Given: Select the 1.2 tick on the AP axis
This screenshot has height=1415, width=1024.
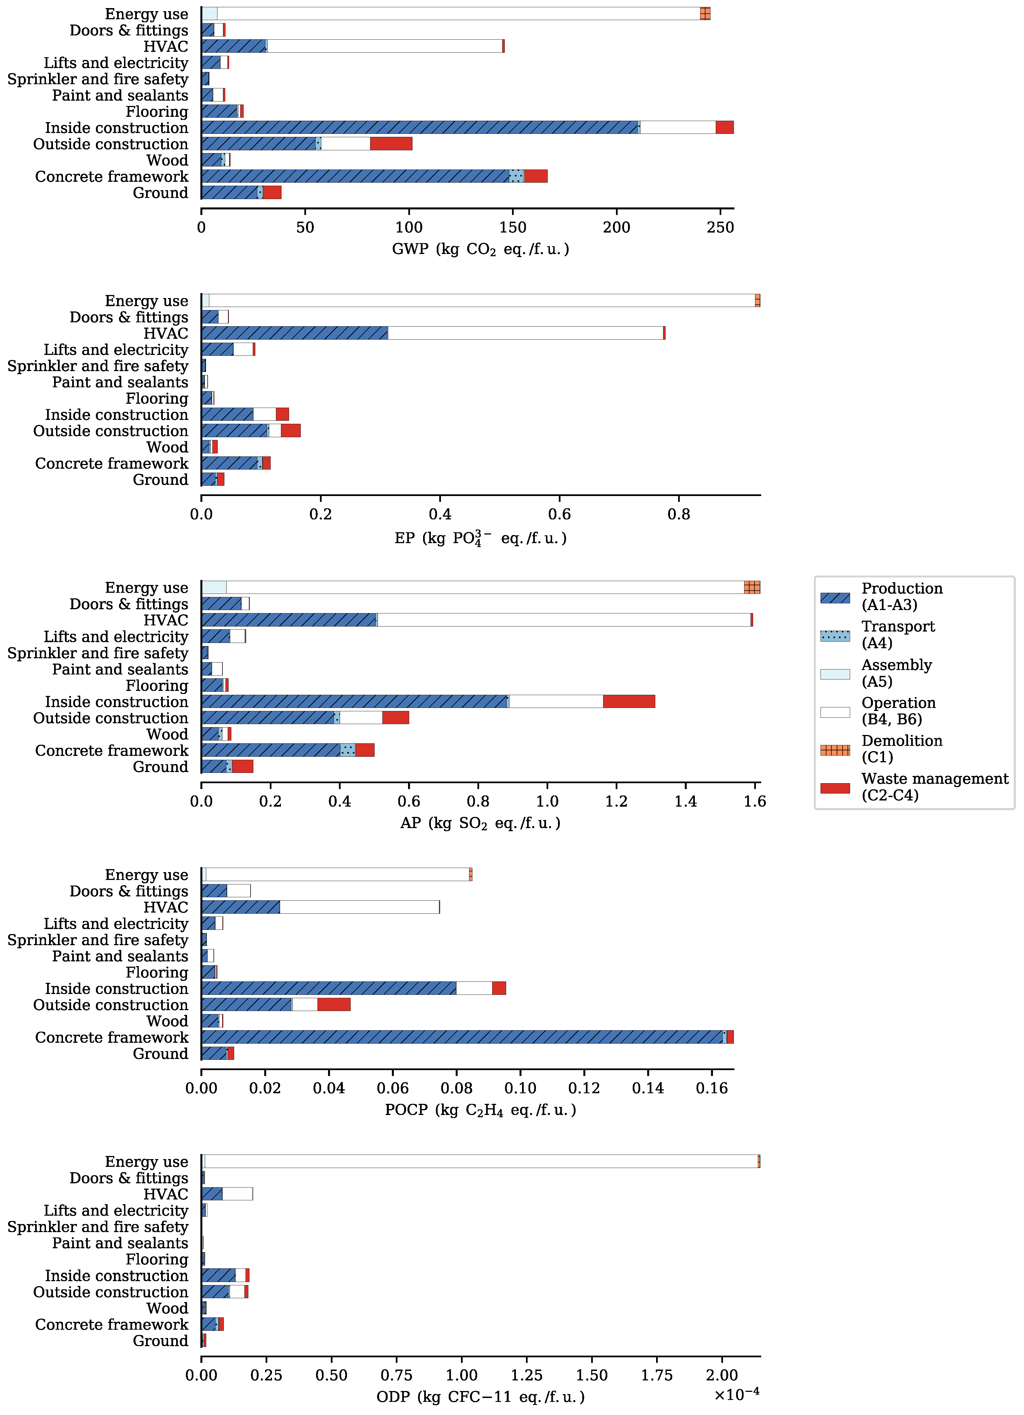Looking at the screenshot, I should [x=616, y=802].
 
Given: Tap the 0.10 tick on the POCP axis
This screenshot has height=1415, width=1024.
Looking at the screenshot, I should [x=520, y=1089].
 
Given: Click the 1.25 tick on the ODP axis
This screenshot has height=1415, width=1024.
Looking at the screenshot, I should [x=527, y=1376].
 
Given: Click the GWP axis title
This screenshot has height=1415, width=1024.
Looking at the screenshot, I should [x=480, y=250].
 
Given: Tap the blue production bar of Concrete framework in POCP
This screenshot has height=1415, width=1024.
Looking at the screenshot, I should [x=462, y=1037].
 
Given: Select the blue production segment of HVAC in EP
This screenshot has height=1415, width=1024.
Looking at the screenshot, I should [x=294, y=333].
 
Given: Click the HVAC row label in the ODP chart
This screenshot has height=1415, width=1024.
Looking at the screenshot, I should [x=166, y=1195].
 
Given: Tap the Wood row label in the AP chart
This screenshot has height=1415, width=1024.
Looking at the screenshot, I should [x=167, y=734].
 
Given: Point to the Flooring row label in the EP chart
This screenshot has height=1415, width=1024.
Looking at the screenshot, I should [x=157, y=399].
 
